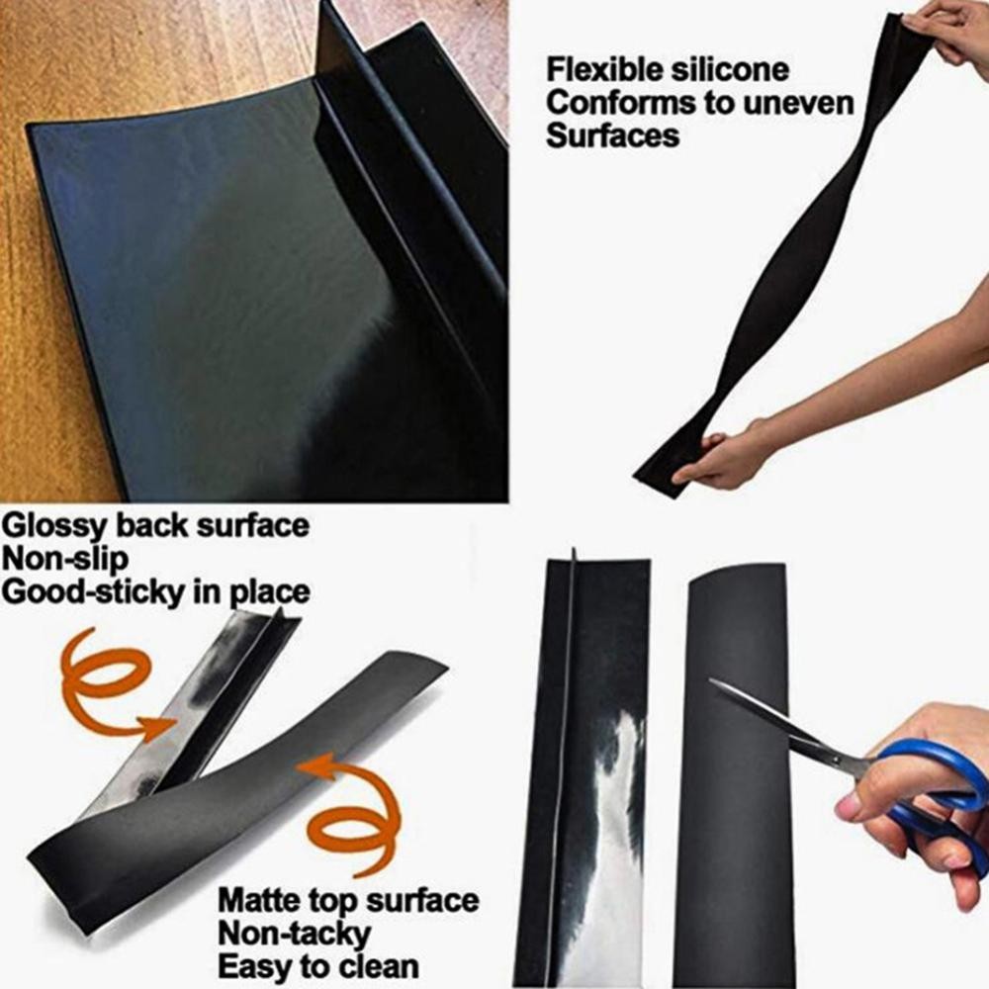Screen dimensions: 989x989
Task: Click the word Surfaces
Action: coord(612,135)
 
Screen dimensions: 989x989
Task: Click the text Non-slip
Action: coord(64,559)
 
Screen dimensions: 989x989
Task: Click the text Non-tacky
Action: coord(280,934)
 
